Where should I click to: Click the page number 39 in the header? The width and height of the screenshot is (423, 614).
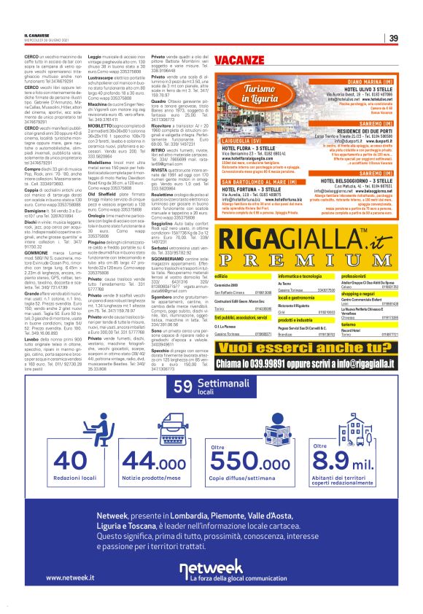393,39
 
